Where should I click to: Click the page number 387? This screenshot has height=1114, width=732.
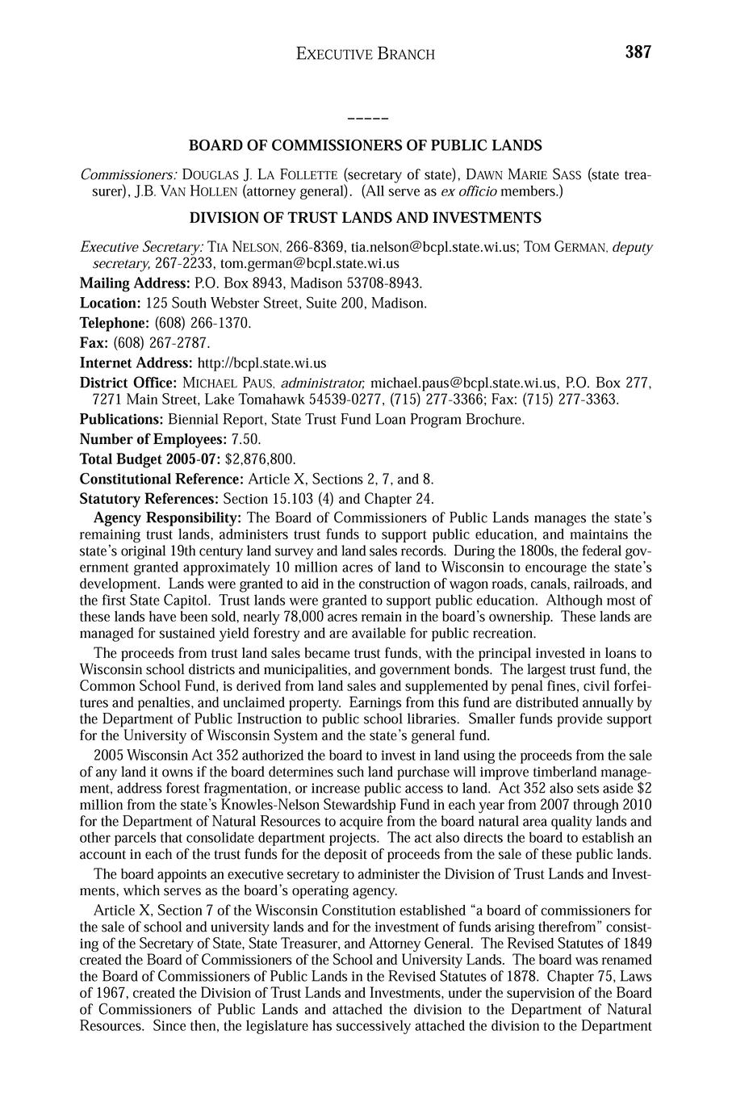(x=637, y=52)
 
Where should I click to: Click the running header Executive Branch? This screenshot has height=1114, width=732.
(x=366, y=54)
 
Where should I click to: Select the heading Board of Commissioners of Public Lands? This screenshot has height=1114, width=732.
(x=366, y=146)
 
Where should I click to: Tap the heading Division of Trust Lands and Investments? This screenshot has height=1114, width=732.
(x=366, y=218)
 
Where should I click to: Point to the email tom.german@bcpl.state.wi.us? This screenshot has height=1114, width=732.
(x=310, y=263)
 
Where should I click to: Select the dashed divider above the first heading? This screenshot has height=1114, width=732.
(x=367, y=119)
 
